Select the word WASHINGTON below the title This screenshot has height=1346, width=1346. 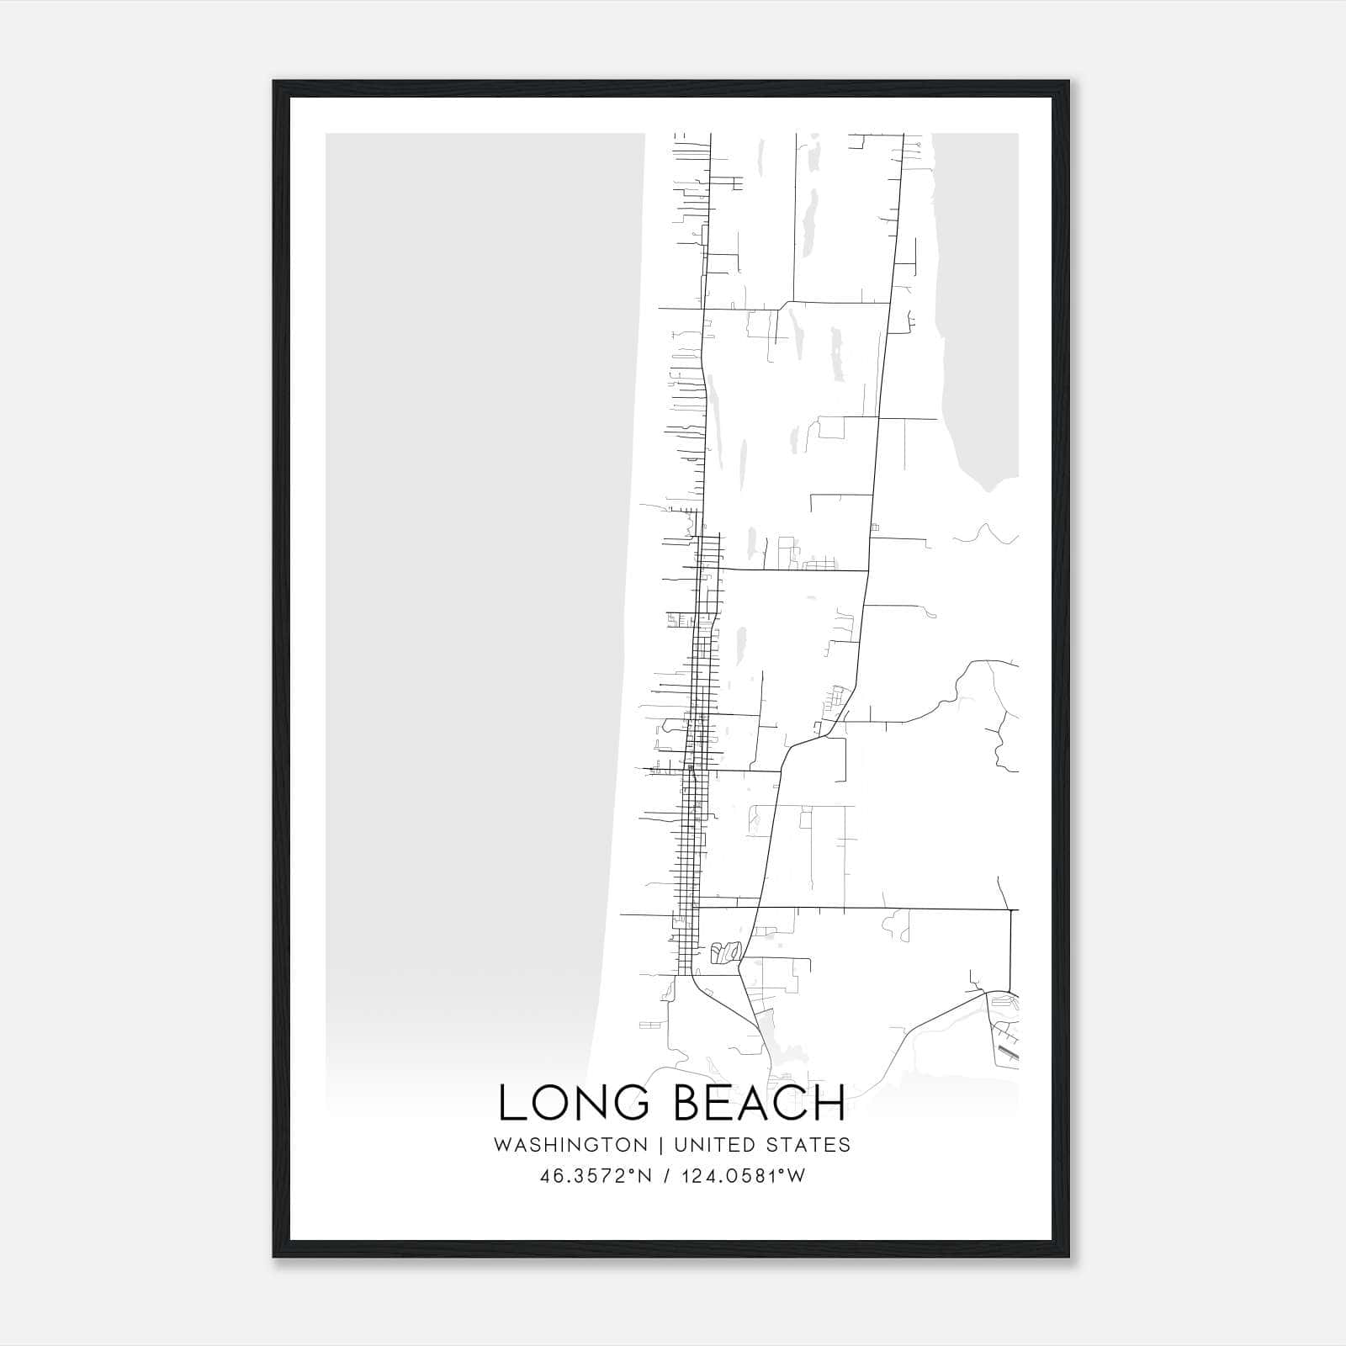[x=570, y=1145]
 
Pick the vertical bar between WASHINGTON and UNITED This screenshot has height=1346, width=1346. [x=661, y=1145]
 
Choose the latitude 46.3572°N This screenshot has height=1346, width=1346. [x=597, y=1176]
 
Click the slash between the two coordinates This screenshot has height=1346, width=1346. [x=667, y=1176]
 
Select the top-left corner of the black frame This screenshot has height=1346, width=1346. [x=274, y=82]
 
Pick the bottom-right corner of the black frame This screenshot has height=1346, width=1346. [x=1068, y=1257]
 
